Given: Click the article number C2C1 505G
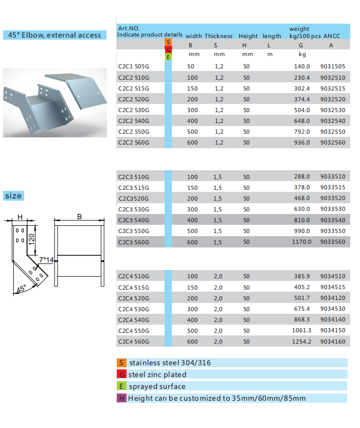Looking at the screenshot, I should pyautogui.click(x=133, y=66).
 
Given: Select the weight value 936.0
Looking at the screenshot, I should pyautogui.click(x=302, y=142).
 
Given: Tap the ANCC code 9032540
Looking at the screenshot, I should pyautogui.click(x=333, y=121).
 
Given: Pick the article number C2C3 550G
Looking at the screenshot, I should pyautogui.click(x=133, y=231).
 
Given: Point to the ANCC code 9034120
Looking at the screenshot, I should pyautogui.click(x=333, y=298).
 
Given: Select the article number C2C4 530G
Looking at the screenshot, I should pyautogui.click(x=133, y=309).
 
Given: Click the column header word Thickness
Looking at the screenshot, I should pyautogui.click(x=219, y=36).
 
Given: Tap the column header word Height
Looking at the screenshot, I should pyautogui.click(x=248, y=36).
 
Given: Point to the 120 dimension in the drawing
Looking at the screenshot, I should pyautogui.click(x=32, y=238).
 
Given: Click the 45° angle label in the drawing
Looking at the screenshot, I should pyautogui.click(x=21, y=289).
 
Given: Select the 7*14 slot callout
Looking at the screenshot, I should pyautogui.click(x=47, y=260).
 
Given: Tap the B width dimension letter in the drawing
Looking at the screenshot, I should pyautogui.click(x=80, y=217).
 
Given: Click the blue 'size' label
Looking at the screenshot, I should pyautogui.click(x=13, y=196).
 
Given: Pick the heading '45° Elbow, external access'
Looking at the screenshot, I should pyautogui.click(x=55, y=35).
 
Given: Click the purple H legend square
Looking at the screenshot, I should pyautogui.click(x=121, y=398).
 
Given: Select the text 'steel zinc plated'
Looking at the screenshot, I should pyautogui.click(x=157, y=374).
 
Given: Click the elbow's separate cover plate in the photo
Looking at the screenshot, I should pyautogui.click(x=76, y=87).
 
